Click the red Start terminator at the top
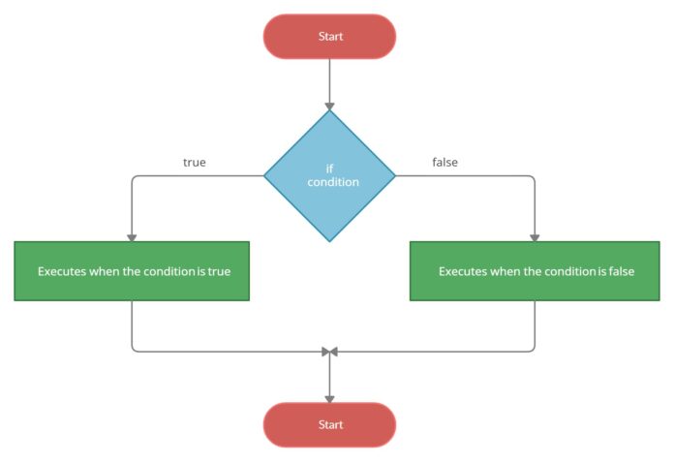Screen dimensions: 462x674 [x=329, y=37]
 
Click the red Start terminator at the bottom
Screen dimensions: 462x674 [x=329, y=424]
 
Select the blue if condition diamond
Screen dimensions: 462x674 [x=329, y=175]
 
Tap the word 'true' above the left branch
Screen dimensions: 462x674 [x=194, y=163]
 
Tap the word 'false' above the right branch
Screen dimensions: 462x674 [x=444, y=163]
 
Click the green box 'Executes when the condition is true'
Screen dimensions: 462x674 [x=132, y=271]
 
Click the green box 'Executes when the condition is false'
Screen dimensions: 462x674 [x=536, y=271]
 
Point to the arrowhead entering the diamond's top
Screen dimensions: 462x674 [x=329, y=105]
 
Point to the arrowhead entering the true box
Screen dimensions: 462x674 [x=132, y=237]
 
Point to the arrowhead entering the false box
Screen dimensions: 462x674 [x=535, y=237]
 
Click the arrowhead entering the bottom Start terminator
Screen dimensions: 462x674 [x=329, y=398]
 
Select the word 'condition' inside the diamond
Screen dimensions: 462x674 [x=334, y=182]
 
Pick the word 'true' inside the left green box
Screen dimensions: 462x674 [x=219, y=271]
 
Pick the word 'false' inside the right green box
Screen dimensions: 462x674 [x=620, y=271]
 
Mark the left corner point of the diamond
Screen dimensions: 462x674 [x=265, y=175]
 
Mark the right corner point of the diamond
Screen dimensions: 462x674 [x=395, y=175]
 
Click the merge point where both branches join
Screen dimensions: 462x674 [x=329, y=351]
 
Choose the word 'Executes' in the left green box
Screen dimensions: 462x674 [x=61, y=271]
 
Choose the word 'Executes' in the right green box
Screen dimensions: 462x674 [x=462, y=271]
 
